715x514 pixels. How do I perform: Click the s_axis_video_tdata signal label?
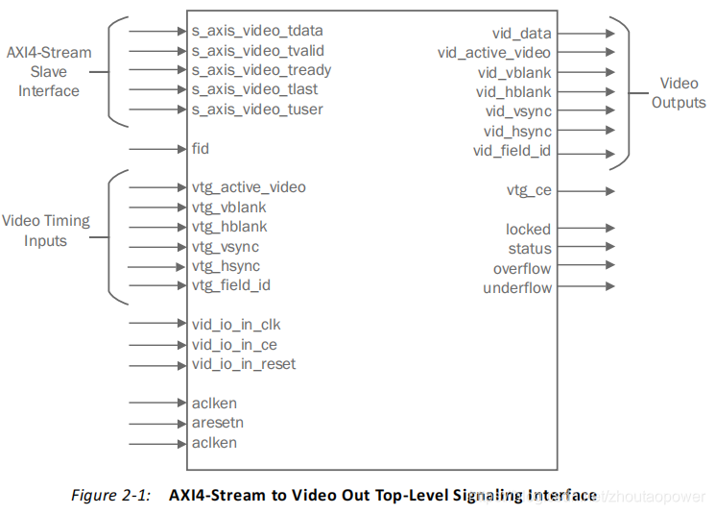click(x=257, y=30)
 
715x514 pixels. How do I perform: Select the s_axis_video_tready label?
click(x=261, y=69)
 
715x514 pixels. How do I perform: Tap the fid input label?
click(x=200, y=149)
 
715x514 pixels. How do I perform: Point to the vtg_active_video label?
click(x=249, y=187)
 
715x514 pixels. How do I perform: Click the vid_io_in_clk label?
click(x=236, y=325)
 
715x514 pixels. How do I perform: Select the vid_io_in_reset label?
click(x=244, y=364)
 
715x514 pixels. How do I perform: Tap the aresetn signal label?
click(x=218, y=423)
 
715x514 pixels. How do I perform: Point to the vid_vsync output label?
click(x=518, y=111)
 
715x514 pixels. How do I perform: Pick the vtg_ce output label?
click(x=529, y=190)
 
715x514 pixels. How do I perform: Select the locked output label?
click(x=528, y=230)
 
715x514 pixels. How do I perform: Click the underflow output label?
click(x=517, y=287)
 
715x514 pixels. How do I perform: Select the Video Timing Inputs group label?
click(x=46, y=231)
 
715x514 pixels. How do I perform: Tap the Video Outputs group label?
click(x=679, y=93)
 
